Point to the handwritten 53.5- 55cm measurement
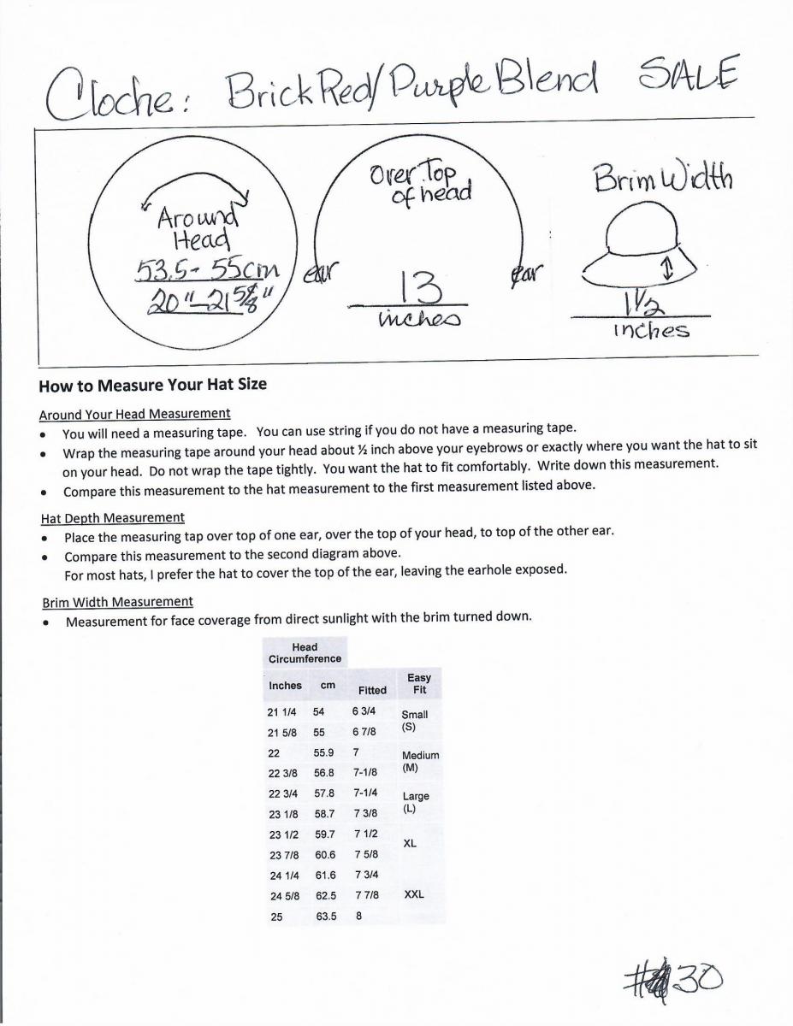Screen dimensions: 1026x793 point(208,269)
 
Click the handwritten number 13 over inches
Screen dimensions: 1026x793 point(407,286)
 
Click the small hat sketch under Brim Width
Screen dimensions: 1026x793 point(640,251)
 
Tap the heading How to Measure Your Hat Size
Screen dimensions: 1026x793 point(152,385)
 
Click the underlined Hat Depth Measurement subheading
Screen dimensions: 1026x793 point(112,517)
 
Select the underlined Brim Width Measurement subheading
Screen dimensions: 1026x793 point(116,601)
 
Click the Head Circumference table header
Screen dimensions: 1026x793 point(305,653)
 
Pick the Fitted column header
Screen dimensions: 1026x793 point(372,690)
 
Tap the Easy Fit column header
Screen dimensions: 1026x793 point(419,684)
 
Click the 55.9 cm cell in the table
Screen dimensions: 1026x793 point(324,753)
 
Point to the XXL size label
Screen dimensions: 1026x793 point(414,895)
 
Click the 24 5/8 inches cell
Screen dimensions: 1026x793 point(283,895)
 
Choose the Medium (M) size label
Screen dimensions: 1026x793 point(420,761)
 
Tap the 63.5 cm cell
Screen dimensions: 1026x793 point(326,917)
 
